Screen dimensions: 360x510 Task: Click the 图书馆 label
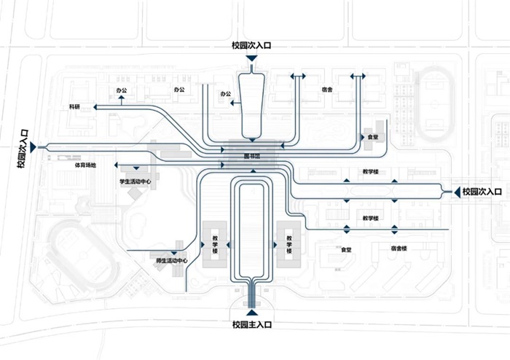pos(252,155)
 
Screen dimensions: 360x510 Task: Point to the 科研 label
pos(74,107)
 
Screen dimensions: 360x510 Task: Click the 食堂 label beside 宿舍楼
pos(346,249)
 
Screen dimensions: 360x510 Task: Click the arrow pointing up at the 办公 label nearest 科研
pos(121,101)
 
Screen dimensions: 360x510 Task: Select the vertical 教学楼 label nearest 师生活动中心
pos(216,244)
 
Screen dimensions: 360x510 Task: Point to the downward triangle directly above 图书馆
pos(251,139)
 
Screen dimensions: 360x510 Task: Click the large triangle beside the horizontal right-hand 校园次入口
pos(455,192)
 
